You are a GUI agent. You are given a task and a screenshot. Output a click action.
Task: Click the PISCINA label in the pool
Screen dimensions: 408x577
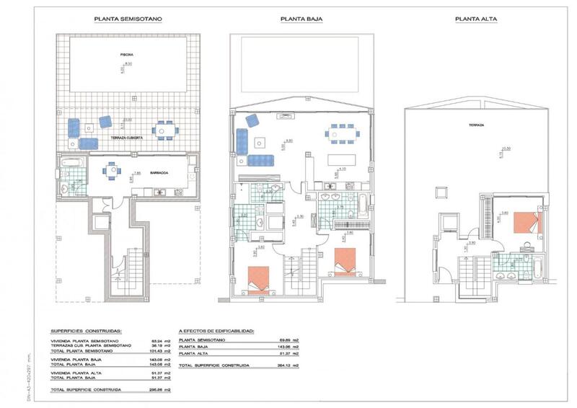coord(127,54)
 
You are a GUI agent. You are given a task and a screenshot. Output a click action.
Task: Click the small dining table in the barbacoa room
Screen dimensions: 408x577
coord(110,172)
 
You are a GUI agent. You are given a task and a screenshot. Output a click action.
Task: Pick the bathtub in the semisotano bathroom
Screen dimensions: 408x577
coord(70,164)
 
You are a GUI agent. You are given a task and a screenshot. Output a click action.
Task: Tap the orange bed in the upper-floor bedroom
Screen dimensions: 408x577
coord(528,221)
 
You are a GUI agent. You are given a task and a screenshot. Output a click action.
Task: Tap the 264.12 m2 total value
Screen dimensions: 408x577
coord(285,366)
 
